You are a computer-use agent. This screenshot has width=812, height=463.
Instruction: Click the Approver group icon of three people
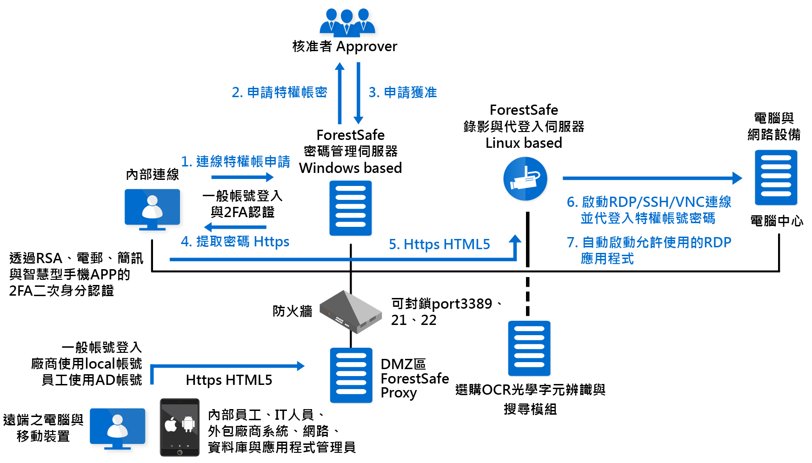347,22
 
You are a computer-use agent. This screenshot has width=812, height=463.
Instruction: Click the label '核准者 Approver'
345,46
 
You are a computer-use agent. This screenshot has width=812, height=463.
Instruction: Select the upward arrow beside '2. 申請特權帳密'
340,93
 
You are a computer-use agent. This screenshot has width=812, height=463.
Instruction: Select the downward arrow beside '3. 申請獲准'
358,93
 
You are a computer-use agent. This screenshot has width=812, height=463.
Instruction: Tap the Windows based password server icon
350,208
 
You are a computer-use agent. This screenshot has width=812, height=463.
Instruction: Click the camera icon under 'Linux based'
525,179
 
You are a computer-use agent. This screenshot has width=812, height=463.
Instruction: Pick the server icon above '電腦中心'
775,178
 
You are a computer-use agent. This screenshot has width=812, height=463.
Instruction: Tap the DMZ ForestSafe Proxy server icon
351,375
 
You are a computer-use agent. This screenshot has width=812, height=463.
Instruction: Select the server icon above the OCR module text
529,348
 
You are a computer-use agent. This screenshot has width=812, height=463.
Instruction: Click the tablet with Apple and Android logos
180,427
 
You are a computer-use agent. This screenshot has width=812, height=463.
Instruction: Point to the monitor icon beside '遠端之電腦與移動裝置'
117,428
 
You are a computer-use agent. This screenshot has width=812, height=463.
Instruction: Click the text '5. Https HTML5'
439,244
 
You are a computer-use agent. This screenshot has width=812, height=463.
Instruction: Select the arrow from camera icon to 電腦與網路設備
651,178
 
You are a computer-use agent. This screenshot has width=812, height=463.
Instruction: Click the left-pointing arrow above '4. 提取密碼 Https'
235,227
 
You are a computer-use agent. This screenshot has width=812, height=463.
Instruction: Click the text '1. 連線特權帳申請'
235,161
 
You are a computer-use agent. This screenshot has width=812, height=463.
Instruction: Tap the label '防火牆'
292,311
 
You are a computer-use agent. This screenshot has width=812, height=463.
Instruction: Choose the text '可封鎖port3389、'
446,304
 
